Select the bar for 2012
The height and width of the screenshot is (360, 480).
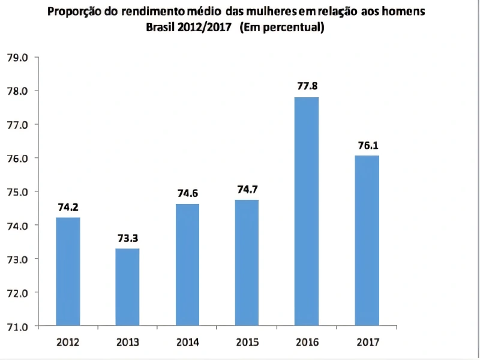pyautogui.click(x=68, y=271)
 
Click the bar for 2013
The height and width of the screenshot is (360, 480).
pyautogui.click(x=127, y=287)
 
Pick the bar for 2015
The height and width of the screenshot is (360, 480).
pyautogui.click(x=247, y=263)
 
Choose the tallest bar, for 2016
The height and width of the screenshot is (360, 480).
pyautogui.click(x=307, y=211)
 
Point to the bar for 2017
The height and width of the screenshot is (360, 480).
pyautogui.click(x=367, y=240)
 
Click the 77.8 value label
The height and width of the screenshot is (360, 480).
pyautogui.click(x=307, y=86)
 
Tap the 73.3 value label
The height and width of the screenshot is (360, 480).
pyautogui.click(x=128, y=238)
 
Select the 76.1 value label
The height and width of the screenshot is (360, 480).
pyautogui.click(x=367, y=145)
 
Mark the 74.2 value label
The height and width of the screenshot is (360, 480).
pyautogui.click(x=68, y=207)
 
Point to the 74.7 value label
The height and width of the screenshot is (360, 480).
pyautogui.click(x=247, y=189)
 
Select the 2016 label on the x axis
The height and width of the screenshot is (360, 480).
pyautogui.click(x=307, y=343)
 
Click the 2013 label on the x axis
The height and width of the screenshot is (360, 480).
pyautogui.click(x=128, y=343)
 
